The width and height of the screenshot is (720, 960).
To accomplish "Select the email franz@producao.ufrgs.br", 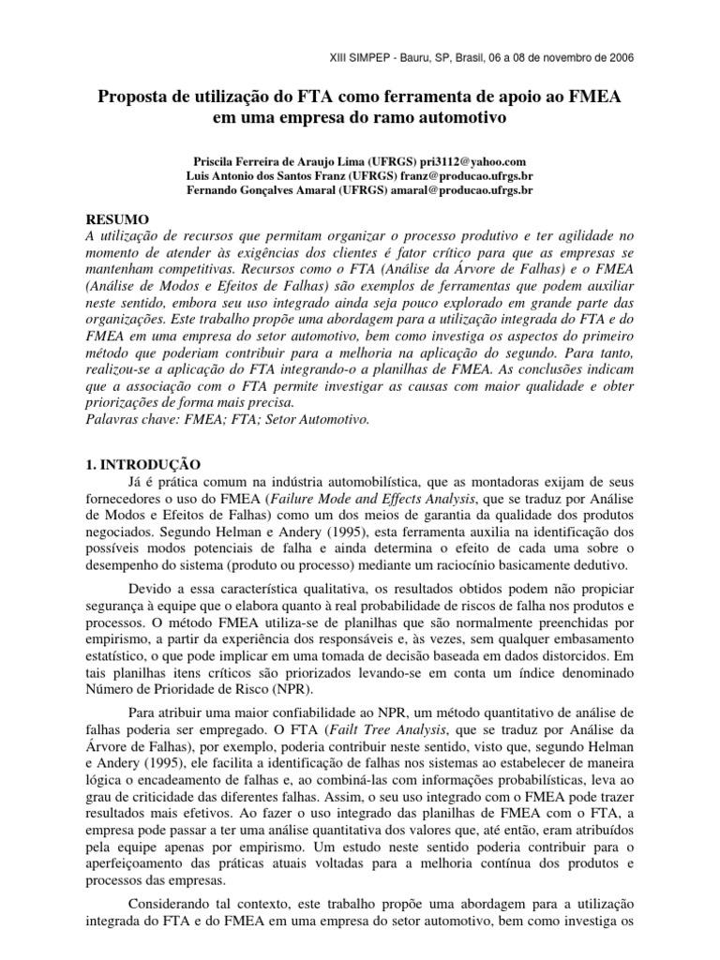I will coord(455,175).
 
